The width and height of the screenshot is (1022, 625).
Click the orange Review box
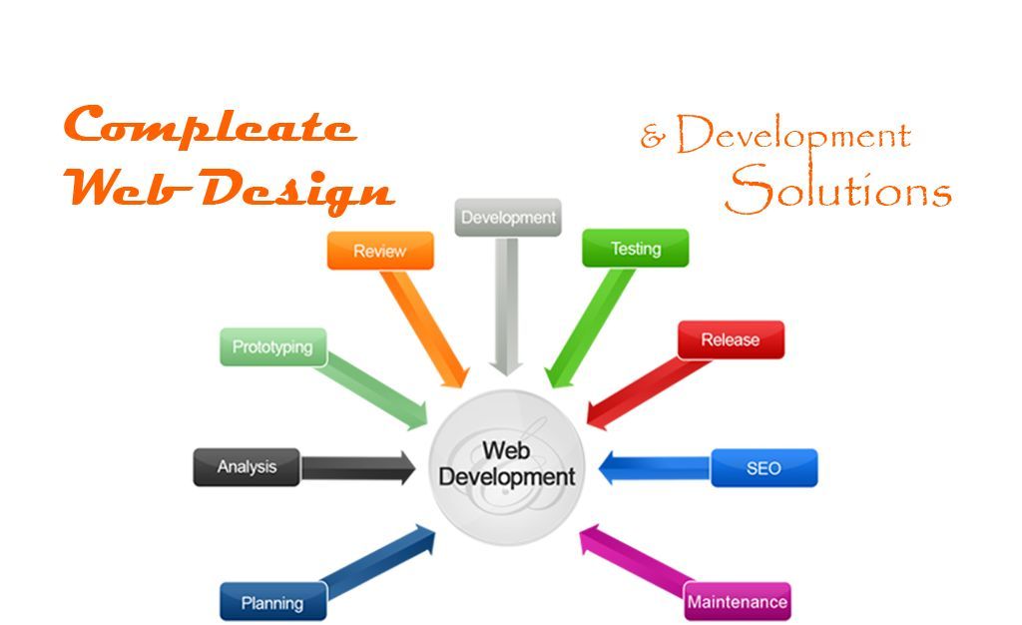[380, 251]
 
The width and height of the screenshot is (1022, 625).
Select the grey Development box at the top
[508, 217]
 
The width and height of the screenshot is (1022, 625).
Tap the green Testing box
[635, 248]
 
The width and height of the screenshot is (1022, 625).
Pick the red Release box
[731, 339]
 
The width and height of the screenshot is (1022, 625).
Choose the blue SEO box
[764, 468]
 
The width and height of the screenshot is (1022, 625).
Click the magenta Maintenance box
[738, 601]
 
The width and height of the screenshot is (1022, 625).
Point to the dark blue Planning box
[273, 602]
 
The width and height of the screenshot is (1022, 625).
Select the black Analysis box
[248, 466]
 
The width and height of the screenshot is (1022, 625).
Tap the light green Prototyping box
[273, 346]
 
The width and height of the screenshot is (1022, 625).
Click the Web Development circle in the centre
[507, 466]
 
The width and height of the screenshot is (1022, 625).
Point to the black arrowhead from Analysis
[408, 467]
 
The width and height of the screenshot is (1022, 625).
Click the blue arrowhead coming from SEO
[606, 468]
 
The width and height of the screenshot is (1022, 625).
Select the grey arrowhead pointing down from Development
[506, 367]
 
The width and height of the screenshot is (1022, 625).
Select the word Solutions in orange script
[838, 189]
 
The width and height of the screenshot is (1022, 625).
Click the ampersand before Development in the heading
[653, 136]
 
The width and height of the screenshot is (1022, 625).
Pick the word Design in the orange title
[296, 191]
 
